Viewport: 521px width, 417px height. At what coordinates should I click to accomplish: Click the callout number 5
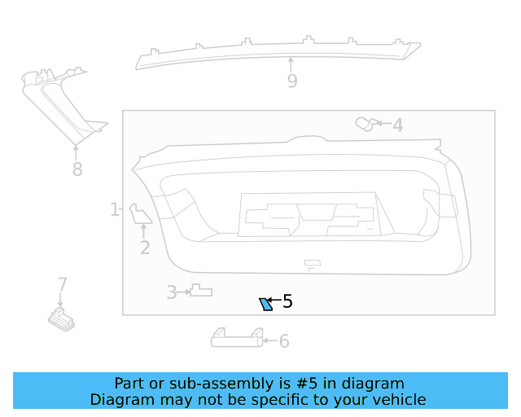point(287,302)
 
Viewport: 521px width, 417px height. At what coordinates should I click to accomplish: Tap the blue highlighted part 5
point(265,305)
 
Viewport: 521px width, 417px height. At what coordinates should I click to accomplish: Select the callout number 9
point(291,81)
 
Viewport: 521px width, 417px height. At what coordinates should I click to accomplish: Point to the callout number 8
point(77,169)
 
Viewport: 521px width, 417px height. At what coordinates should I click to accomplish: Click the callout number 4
point(397,125)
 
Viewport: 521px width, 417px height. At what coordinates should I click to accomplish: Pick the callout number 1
point(115,210)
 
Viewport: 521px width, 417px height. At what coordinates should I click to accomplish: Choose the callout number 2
point(145,248)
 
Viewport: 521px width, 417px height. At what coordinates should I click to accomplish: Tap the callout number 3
point(172,292)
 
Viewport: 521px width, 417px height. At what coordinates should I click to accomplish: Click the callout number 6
point(284,341)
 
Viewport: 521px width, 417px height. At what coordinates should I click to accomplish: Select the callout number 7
point(62,284)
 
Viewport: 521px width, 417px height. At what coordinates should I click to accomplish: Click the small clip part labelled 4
point(365,124)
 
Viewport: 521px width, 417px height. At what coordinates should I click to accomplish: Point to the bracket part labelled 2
point(139,214)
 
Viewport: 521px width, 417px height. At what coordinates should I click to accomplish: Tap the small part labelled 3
point(200,291)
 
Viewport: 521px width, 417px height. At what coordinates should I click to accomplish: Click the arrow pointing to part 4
point(383,125)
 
